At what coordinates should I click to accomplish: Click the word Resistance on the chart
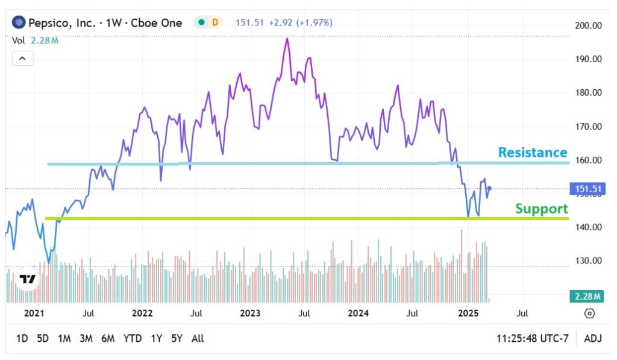tap(533, 153)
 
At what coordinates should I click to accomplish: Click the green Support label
tap(541, 209)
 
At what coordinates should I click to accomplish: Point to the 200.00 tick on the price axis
tap(589, 26)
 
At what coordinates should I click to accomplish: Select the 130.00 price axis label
tap(589, 261)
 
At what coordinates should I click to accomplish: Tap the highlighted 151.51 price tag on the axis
tap(588, 189)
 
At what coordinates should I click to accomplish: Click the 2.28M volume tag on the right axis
tap(587, 297)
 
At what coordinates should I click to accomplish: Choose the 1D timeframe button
tap(22, 338)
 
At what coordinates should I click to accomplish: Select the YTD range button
tap(132, 338)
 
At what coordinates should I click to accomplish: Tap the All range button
tap(197, 338)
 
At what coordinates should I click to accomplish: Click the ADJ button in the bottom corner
tap(594, 338)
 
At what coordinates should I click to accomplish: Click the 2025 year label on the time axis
tap(468, 314)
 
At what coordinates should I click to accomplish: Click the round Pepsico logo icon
tap(19, 23)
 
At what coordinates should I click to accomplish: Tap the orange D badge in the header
tap(215, 23)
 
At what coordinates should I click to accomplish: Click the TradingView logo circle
tap(27, 279)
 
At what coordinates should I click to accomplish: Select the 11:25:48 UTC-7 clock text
tap(533, 338)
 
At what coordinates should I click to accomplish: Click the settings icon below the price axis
tap(589, 314)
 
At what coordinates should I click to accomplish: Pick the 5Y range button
tap(176, 338)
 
